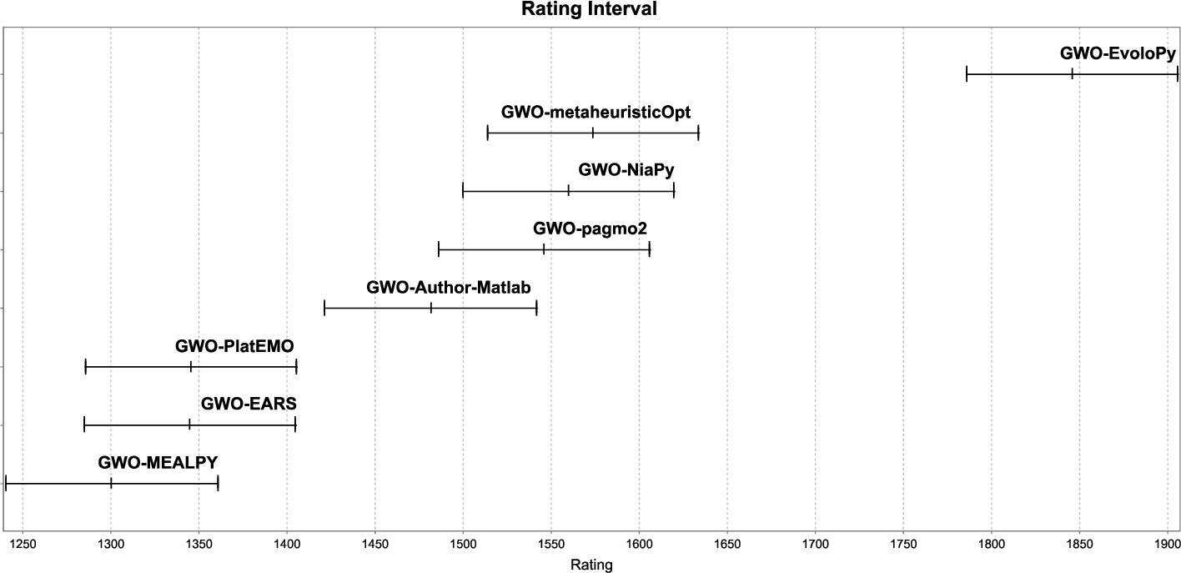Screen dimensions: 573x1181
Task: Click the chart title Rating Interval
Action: point(590,10)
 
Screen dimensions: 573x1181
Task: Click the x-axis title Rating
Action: point(590,565)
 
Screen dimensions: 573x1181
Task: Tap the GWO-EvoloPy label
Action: point(1118,53)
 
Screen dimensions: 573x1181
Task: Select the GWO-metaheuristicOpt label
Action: point(596,112)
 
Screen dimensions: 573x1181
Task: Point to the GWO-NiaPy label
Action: point(626,170)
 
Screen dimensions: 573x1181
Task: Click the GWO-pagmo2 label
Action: point(590,229)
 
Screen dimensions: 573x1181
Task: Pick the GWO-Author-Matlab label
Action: point(449,288)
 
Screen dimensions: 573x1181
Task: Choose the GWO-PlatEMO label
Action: point(235,346)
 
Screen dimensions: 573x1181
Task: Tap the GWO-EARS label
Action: point(249,405)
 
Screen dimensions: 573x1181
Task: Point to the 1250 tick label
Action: point(23,545)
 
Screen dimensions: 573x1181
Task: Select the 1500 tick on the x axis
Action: point(463,545)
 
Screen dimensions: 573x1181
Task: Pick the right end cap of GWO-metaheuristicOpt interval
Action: point(698,133)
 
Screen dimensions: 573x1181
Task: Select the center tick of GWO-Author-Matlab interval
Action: point(431,308)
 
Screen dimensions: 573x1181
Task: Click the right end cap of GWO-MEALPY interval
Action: point(218,483)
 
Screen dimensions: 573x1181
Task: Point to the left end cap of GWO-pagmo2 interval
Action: point(439,249)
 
